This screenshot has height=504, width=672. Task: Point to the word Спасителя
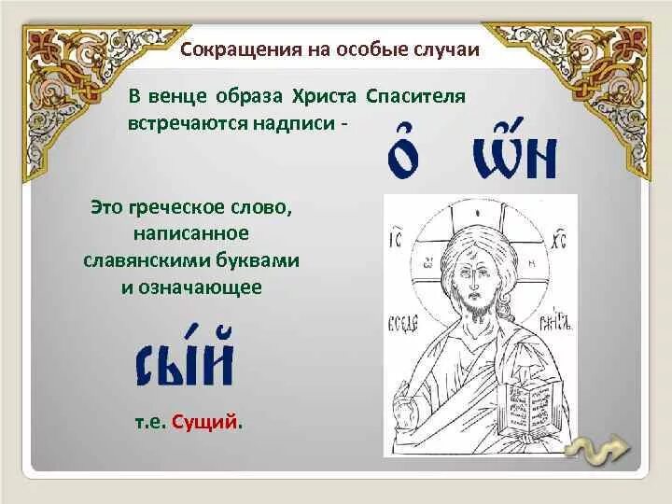pos(417,97)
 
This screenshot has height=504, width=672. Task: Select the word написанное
pos(195,232)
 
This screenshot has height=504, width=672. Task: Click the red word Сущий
pos(213,422)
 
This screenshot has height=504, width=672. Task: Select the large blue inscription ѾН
pos(514,153)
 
